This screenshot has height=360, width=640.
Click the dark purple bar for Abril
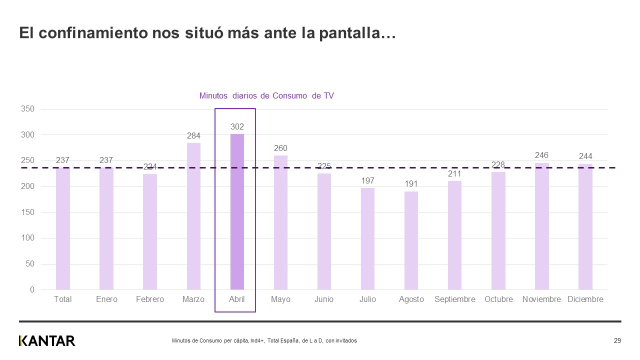click(x=237, y=212)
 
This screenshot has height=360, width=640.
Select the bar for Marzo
click(x=193, y=216)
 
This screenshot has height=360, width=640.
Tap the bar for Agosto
click(x=411, y=240)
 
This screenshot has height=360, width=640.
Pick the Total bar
click(x=63, y=228)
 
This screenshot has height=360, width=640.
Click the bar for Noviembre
click(x=541, y=226)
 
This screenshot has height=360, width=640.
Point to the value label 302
click(x=237, y=127)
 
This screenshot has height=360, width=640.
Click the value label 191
click(x=411, y=184)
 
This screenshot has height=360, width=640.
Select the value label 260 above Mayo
click(x=280, y=148)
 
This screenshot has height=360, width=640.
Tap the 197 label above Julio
click(x=367, y=180)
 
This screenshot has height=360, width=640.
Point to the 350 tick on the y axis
click(x=28, y=109)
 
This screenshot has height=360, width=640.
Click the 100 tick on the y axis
click(x=28, y=238)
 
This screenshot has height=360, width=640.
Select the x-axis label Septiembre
click(x=454, y=299)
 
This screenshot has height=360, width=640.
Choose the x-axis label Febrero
click(x=150, y=299)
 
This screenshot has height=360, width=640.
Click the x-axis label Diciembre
click(x=585, y=299)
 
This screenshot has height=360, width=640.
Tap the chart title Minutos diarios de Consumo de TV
click(x=266, y=96)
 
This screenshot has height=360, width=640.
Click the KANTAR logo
click(x=47, y=341)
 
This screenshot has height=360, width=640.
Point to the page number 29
click(x=617, y=341)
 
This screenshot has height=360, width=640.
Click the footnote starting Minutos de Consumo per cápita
click(x=264, y=341)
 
